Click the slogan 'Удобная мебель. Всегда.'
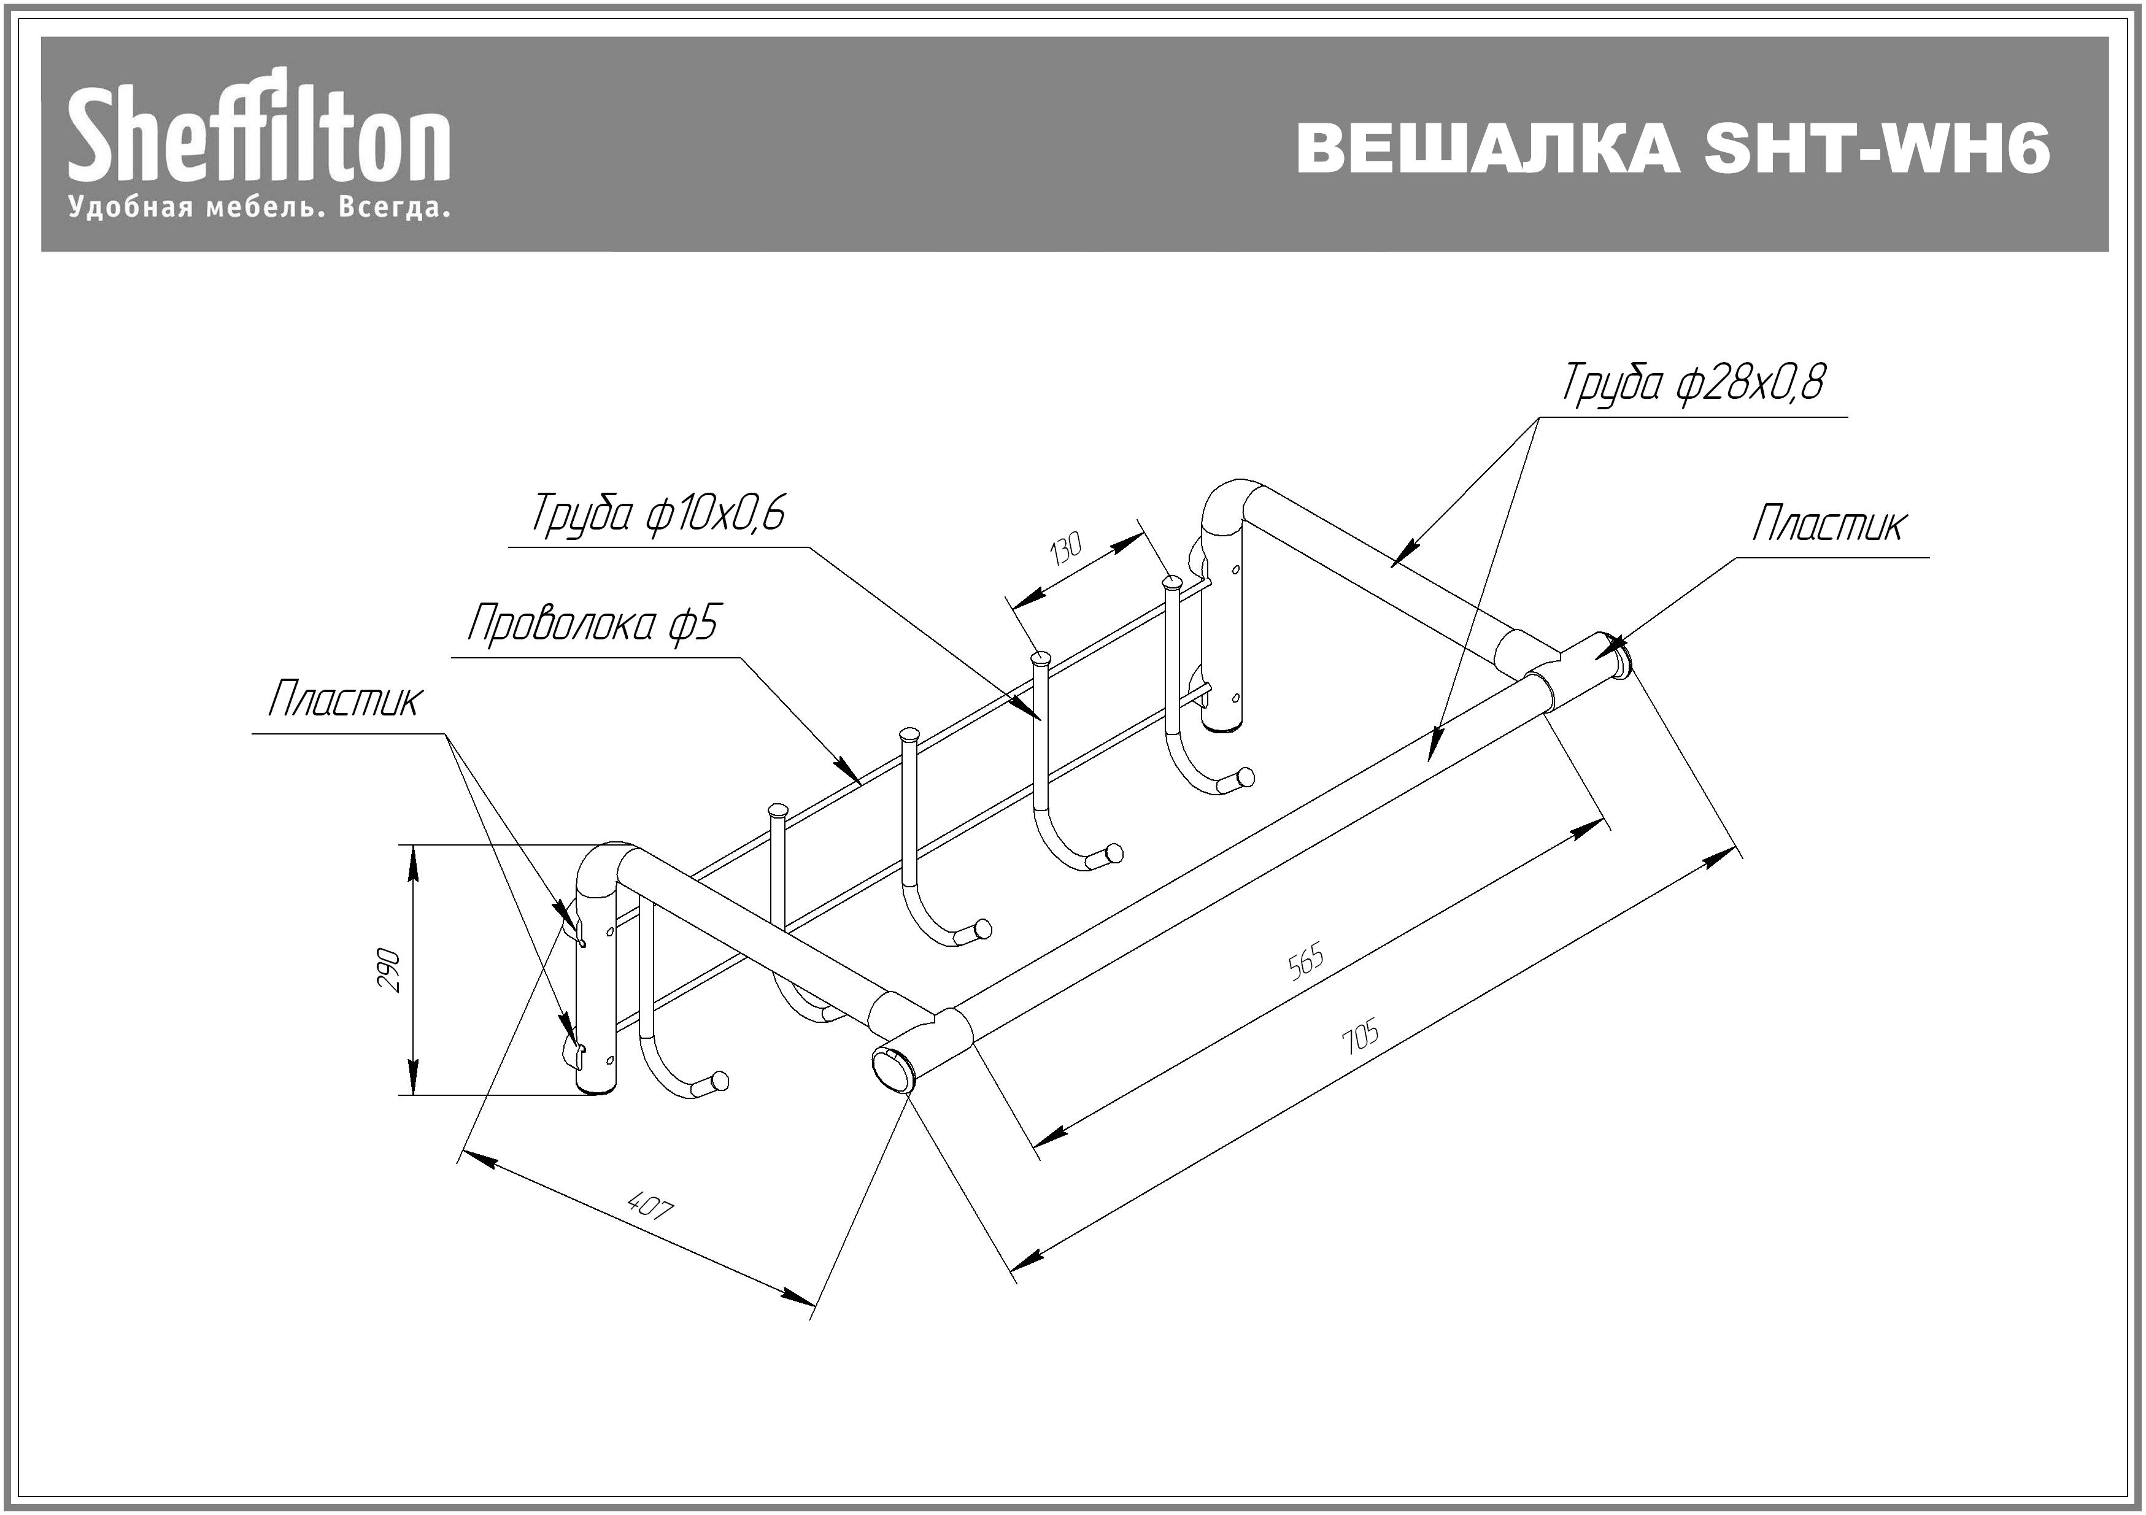[259, 207]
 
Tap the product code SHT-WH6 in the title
[1877, 148]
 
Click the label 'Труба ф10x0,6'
[658, 513]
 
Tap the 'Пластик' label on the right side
[1828, 524]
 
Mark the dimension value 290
[390, 970]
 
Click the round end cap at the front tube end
[893, 1069]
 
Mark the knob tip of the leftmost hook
[719, 1082]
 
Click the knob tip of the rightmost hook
[1245, 777]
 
